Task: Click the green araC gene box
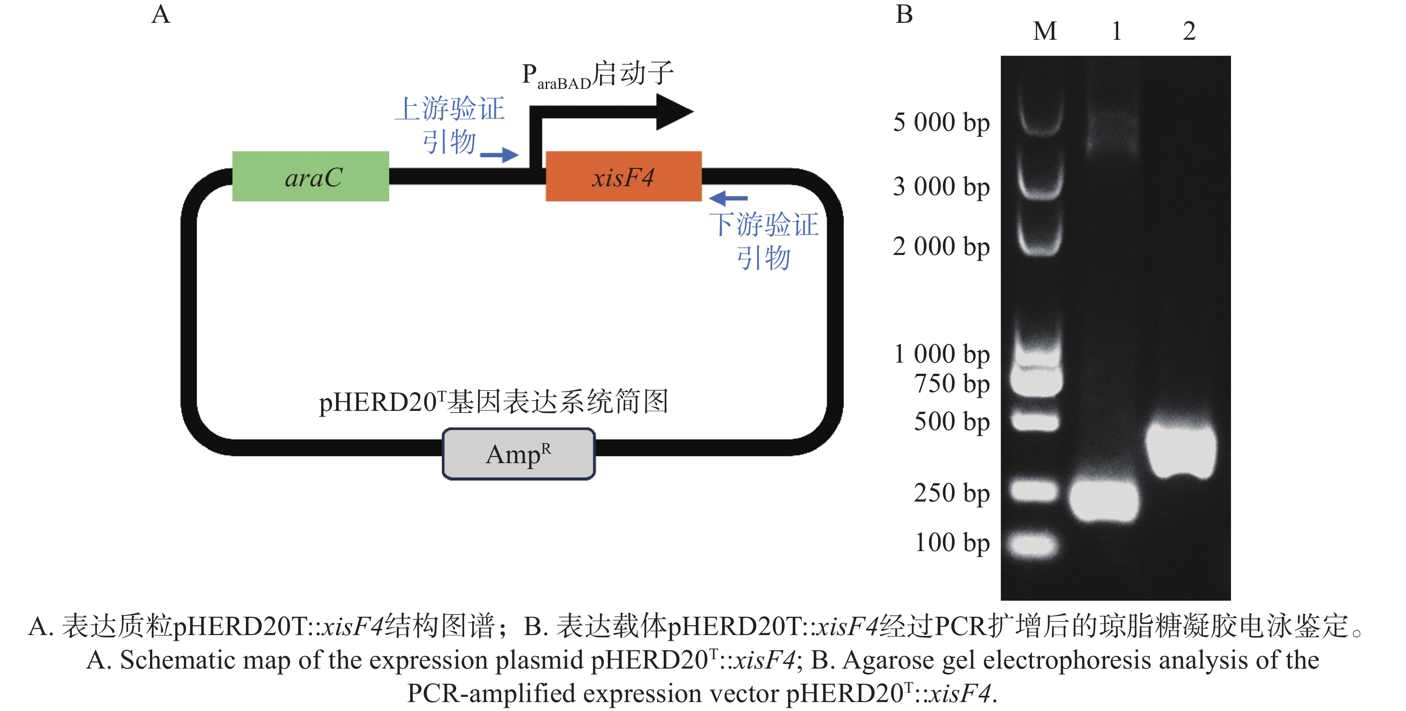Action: point(311,176)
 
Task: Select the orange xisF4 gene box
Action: point(623,176)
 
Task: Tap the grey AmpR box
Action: point(519,454)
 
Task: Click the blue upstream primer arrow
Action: point(499,155)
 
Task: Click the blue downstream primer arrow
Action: point(728,198)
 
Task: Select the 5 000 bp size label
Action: point(941,122)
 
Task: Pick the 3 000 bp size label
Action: point(941,187)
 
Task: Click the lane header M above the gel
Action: point(1044,31)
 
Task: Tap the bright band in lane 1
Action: point(1104,500)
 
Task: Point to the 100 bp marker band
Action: point(1033,545)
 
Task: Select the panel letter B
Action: point(904,15)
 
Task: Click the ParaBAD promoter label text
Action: point(598,75)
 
